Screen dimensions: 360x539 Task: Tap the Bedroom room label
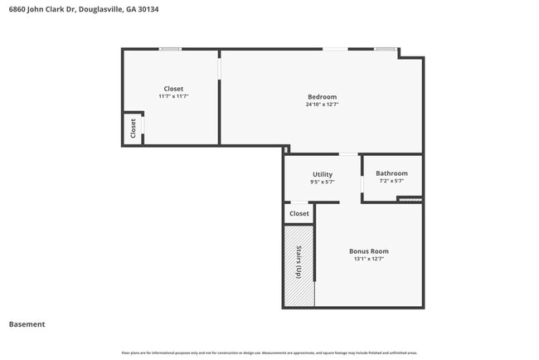[x=322, y=97]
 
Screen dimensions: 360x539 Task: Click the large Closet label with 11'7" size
[x=173, y=89]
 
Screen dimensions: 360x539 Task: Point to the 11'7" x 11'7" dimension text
[x=173, y=96]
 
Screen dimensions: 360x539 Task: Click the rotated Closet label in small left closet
[x=133, y=128]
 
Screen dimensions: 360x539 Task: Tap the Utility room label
[x=323, y=174]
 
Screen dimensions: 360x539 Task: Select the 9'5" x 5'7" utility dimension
[x=323, y=182]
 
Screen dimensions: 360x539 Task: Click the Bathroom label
[x=391, y=173]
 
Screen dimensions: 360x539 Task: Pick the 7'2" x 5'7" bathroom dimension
[x=391, y=181]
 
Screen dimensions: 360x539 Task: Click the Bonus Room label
[x=368, y=251]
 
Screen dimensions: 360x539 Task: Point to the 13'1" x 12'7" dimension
[x=368, y=259]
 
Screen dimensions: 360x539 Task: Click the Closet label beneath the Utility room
[x=299, y=213]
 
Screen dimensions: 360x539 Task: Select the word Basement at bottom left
[x=27, y=324]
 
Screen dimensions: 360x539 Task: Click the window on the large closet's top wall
[x=171, y=49]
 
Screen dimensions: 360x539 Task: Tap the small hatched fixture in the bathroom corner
[x=410, y=199]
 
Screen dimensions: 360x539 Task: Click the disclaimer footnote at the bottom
[x=269, y=353]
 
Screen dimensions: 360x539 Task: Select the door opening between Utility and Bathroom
[x=362, y=183]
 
